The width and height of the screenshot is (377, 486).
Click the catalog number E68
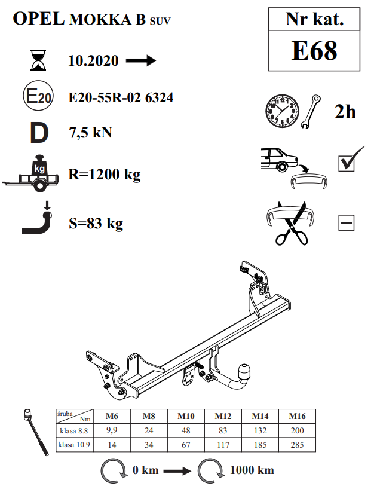pos(314,51)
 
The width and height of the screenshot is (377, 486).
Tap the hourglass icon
pos(38,60)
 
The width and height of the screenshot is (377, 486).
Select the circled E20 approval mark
pos(38,96)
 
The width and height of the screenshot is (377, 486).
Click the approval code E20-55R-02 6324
pos(121,97)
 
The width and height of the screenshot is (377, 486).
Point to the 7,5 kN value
pos(90,133)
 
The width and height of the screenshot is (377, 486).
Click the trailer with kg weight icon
pos(30,173)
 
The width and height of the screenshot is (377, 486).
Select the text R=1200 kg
pos(105,175)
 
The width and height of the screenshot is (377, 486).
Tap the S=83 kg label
pos(96,224)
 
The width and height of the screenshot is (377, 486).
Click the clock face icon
pos(282,111)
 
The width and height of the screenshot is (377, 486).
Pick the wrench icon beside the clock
pos(311,112)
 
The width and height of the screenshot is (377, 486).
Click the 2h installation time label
pos(345,112)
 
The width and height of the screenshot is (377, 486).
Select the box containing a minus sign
pos(347,222)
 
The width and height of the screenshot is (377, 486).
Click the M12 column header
pos(223,416)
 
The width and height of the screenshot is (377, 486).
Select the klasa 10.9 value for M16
pos(297,445)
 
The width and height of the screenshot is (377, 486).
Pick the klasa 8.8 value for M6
pos(112,430)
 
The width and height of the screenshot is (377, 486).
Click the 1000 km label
pos(252,470)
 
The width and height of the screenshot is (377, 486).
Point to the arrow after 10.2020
pos(141,60)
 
